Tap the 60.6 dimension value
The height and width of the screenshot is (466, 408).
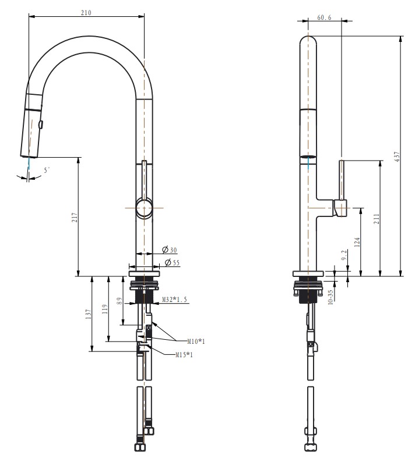click(325, 18)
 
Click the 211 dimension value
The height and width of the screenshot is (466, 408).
click(377, 219)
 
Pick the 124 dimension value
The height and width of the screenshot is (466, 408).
click(357, 241)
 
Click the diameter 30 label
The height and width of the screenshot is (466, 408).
click(170, 250)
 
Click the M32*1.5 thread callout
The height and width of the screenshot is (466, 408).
click(175, 301)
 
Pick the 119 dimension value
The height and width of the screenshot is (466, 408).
click(105, 309)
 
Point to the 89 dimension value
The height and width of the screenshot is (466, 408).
click(121, 301)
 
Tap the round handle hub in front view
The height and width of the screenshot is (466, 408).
click(144, 208)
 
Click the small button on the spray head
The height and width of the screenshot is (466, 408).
click(40, 123)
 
